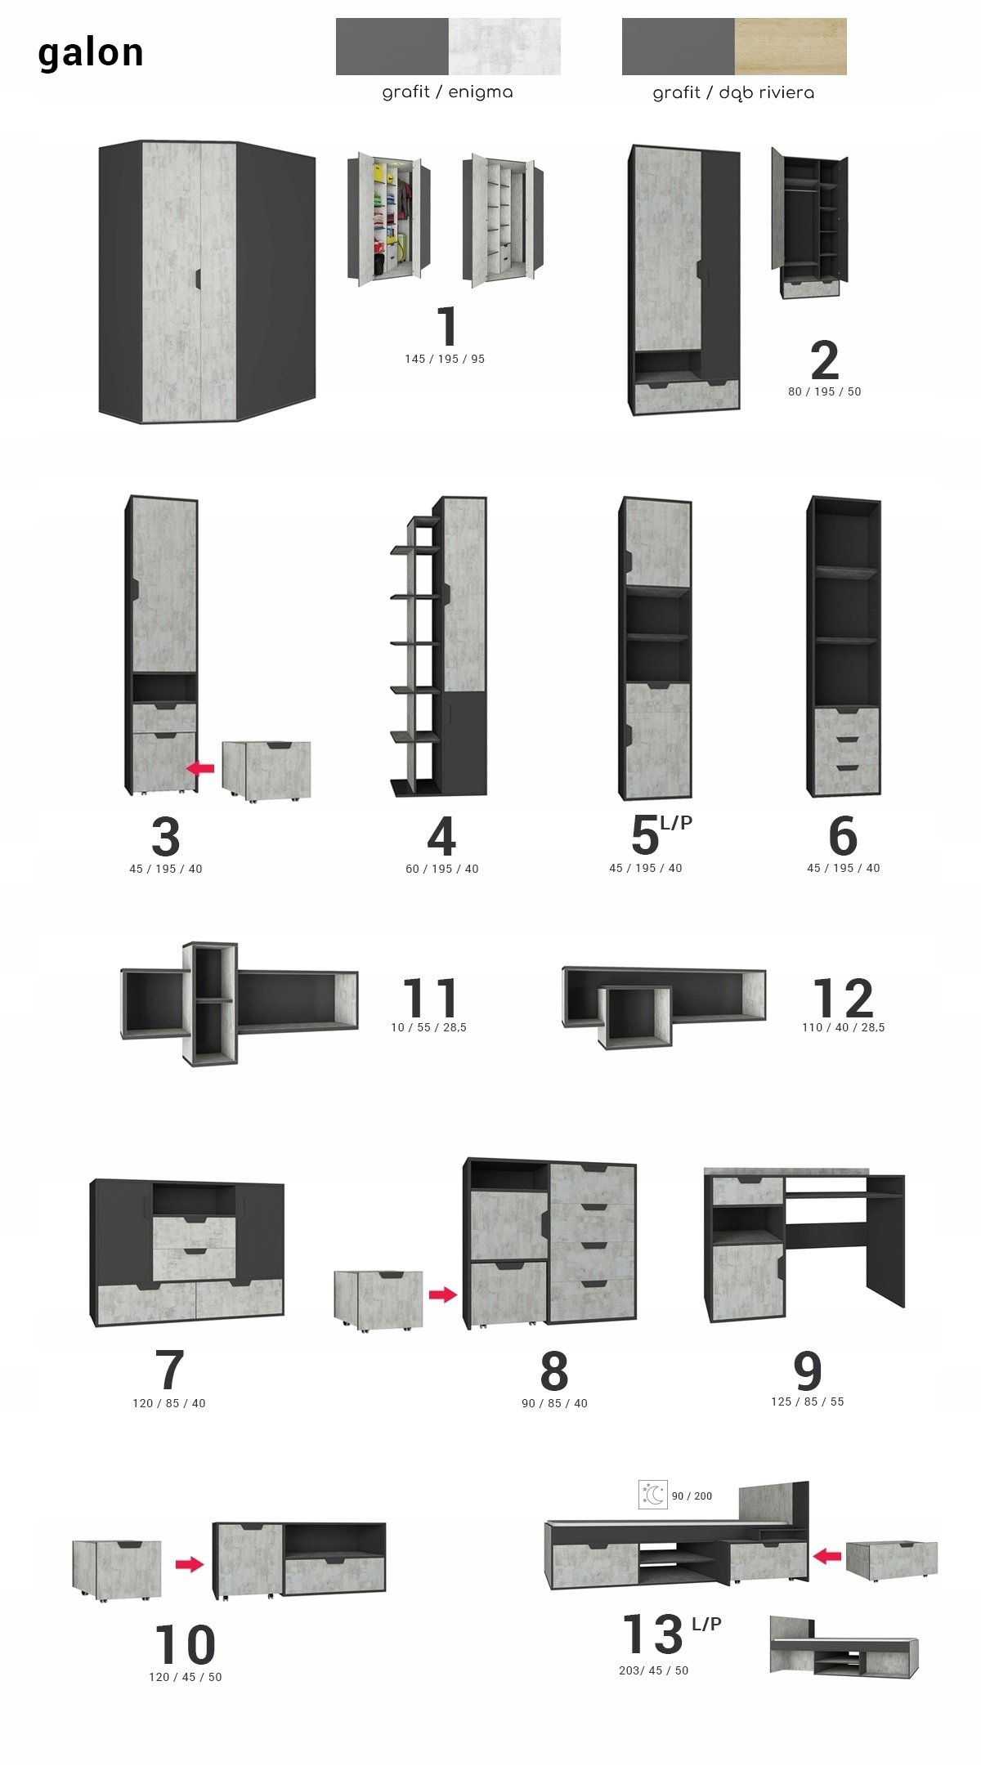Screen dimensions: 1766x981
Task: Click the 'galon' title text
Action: [91, 52]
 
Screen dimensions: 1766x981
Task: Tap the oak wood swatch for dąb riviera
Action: [790, 47]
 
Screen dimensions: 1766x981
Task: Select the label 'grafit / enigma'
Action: [447, 92]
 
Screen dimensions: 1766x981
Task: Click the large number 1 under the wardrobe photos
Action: [446, 326]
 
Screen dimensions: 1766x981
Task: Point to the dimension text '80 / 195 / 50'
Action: [824, 391]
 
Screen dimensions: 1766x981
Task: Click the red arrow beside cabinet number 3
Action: [200, 768]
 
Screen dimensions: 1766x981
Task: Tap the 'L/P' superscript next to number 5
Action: [676, 822]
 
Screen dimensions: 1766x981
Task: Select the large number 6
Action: [843, 835]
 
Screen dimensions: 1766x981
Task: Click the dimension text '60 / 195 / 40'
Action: [441, 869]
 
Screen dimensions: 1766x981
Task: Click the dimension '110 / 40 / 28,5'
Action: [843, 1027]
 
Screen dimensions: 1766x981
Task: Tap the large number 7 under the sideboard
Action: [169, 1370]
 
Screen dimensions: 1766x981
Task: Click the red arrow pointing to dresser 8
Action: [443, 1294]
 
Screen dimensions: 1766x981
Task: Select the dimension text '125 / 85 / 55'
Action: [807, 1402]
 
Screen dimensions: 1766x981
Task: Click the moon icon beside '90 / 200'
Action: [653, 1495]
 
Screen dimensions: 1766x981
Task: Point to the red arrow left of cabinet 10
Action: [190, 1564]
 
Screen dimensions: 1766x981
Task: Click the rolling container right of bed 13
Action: [891, 1560]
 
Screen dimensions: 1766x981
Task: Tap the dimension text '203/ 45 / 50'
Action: [653, 1670]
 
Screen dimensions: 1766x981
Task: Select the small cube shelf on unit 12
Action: [634, 1017]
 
